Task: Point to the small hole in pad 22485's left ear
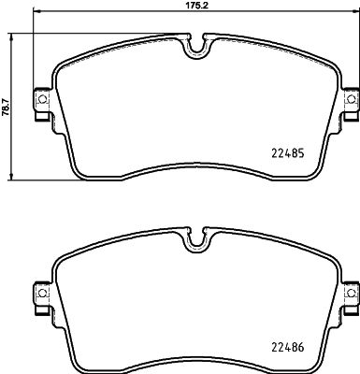coord(40,97)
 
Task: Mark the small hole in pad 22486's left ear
coord(40,295)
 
